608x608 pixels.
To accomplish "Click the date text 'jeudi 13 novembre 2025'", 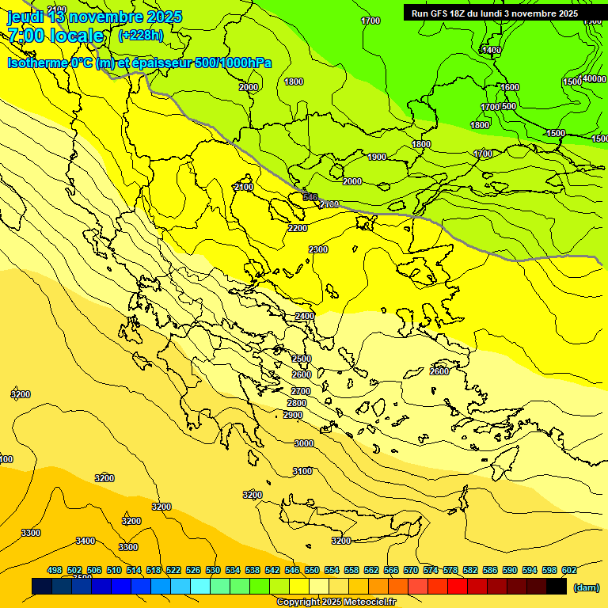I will pyautogui.click(x=94, y=17).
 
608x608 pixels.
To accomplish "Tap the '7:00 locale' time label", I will pyautogui.click(x=55, y=36).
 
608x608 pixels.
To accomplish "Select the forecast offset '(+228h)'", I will pyautogui.click(x=141, y=35).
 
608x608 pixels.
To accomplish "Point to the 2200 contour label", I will pyautogui.click(x=298, y=228).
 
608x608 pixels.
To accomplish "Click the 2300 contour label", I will pyautogui.click(x=318, y=249).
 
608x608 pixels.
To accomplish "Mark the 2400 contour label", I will pyautogui.click(x=305, y=316).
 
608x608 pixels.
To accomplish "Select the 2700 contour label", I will pyautogui.click(x=301, y=391).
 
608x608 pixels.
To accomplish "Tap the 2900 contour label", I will pyautogui.click(x=293, y=415).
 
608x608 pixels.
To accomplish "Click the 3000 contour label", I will pyautogui.click(x=304, y=444).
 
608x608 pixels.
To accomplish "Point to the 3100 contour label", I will pyautogui.click(x=302, y=471).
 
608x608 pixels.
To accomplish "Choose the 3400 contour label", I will pyautogui.click(x=85, y=541).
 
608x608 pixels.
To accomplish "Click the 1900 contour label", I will pyautogui.click(x=378, y=157).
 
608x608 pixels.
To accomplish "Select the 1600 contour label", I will pyautogui.click(x=510, y=87).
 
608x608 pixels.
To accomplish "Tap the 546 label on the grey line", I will pyautogui.click(x=310, y=197).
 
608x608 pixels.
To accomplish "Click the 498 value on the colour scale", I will pyautogui.click(x=55, y=570).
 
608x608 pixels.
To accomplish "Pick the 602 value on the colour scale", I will pyautogui.click(x=568, y=570).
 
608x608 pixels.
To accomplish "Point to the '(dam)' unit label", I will pyautogui.click(x=586, y=587).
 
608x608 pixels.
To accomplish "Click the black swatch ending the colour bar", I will pyautogui.click(x=557, y=587).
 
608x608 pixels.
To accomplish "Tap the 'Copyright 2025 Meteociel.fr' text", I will pyautogui.click(x=336, y=602).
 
